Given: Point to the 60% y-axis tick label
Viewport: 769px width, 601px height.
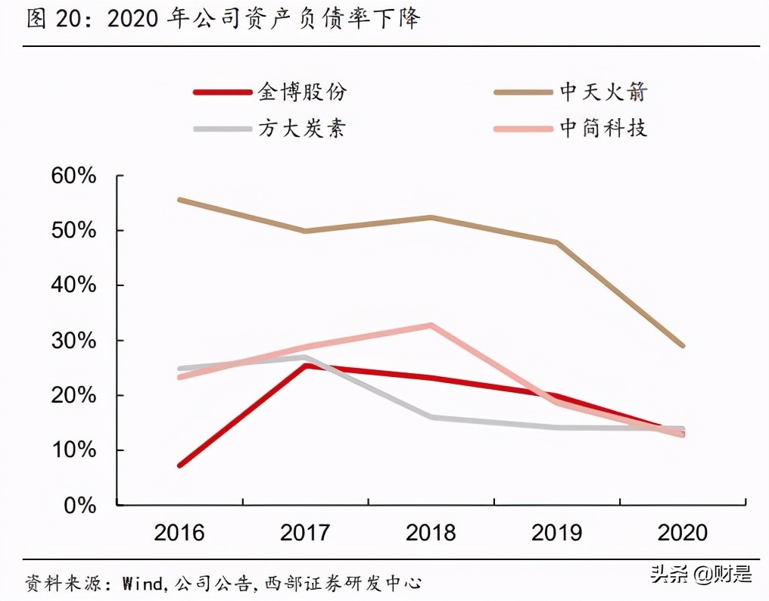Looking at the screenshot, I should (x=74, y=176).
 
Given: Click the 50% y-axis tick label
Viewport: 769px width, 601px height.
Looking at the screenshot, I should (x=74, y=230).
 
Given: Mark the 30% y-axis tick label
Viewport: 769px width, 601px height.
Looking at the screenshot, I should (x=74, y=341).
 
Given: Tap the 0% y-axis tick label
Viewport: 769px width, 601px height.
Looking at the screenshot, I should (x=80, y=505).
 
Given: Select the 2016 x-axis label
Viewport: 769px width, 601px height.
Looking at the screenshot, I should (x=179, y=533).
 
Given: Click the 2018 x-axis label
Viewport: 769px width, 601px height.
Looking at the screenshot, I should (x=431, y=533).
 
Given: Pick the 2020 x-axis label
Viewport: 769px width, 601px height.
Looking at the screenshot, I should (x=683, y=533).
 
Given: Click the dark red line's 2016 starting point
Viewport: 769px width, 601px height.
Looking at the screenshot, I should (x=179, y=466).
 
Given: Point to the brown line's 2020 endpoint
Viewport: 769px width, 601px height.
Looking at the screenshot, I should (x=683, y=345).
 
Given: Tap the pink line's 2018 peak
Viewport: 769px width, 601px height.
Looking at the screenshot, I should (x=431, y=325).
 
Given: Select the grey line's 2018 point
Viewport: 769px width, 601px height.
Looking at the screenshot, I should (x=431, y=417).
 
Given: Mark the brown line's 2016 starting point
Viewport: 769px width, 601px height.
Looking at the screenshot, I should (x=179, y=200).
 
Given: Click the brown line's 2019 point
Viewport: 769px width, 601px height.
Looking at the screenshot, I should (x=557, y=242).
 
